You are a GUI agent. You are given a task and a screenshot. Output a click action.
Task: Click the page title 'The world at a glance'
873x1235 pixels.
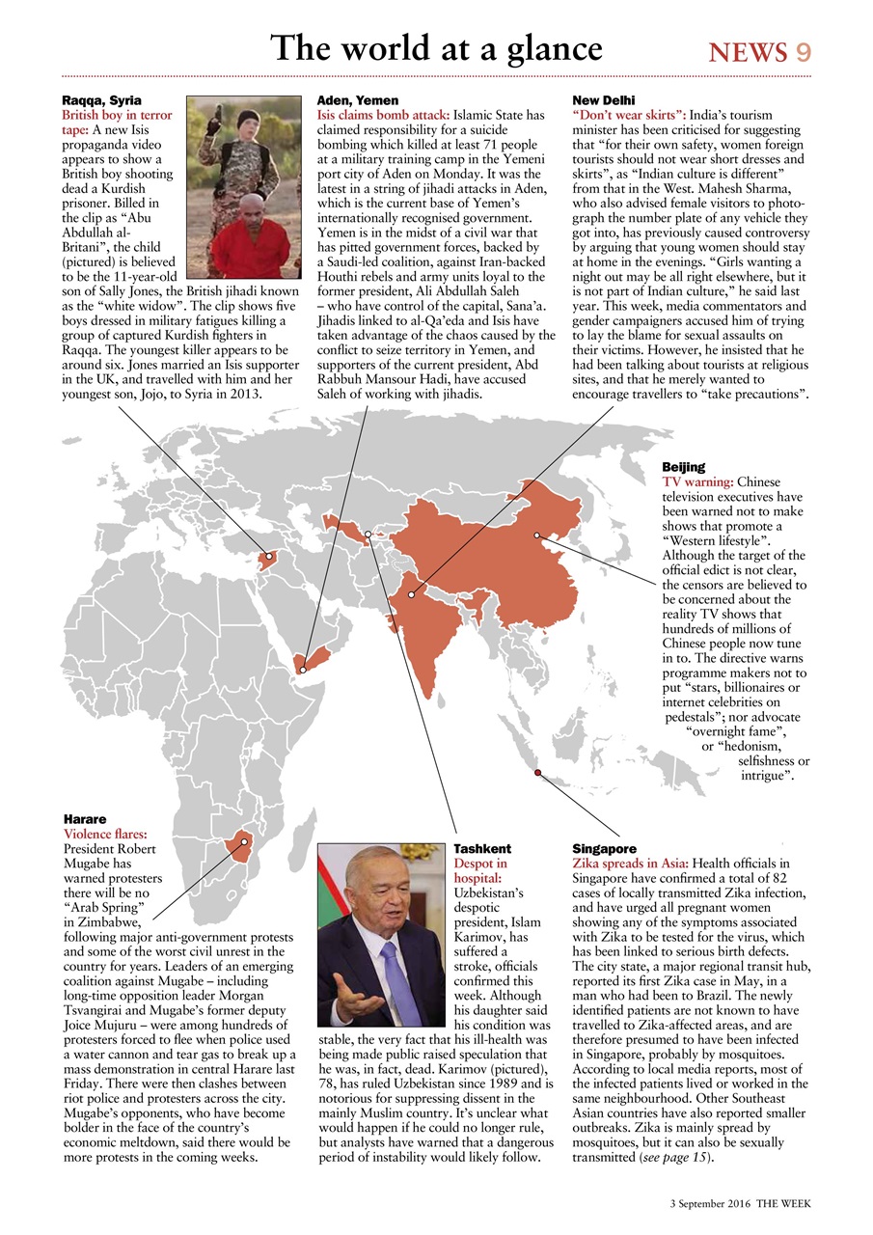436,48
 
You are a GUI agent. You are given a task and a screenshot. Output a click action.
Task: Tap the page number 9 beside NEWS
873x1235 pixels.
803,53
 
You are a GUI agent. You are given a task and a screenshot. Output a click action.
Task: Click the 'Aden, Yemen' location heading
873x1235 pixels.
357,100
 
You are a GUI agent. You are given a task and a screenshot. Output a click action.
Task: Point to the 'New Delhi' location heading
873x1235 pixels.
603,100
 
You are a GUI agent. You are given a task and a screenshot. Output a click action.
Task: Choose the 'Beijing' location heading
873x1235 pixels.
683,467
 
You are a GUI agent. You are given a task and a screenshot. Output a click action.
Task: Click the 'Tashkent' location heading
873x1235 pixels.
482,849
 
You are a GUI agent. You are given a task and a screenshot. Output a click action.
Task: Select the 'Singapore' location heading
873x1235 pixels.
604,849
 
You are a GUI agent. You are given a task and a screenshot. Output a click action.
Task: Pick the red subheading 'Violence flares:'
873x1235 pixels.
103,834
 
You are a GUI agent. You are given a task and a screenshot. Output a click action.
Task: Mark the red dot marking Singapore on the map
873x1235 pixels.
537,771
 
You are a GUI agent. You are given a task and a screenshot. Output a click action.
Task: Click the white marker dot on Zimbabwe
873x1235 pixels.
245,841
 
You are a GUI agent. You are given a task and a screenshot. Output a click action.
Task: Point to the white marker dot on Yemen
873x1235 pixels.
302,669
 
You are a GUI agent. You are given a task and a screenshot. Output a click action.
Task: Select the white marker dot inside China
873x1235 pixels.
537,535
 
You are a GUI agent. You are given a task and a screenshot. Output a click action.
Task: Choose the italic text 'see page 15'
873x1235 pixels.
679,1158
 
